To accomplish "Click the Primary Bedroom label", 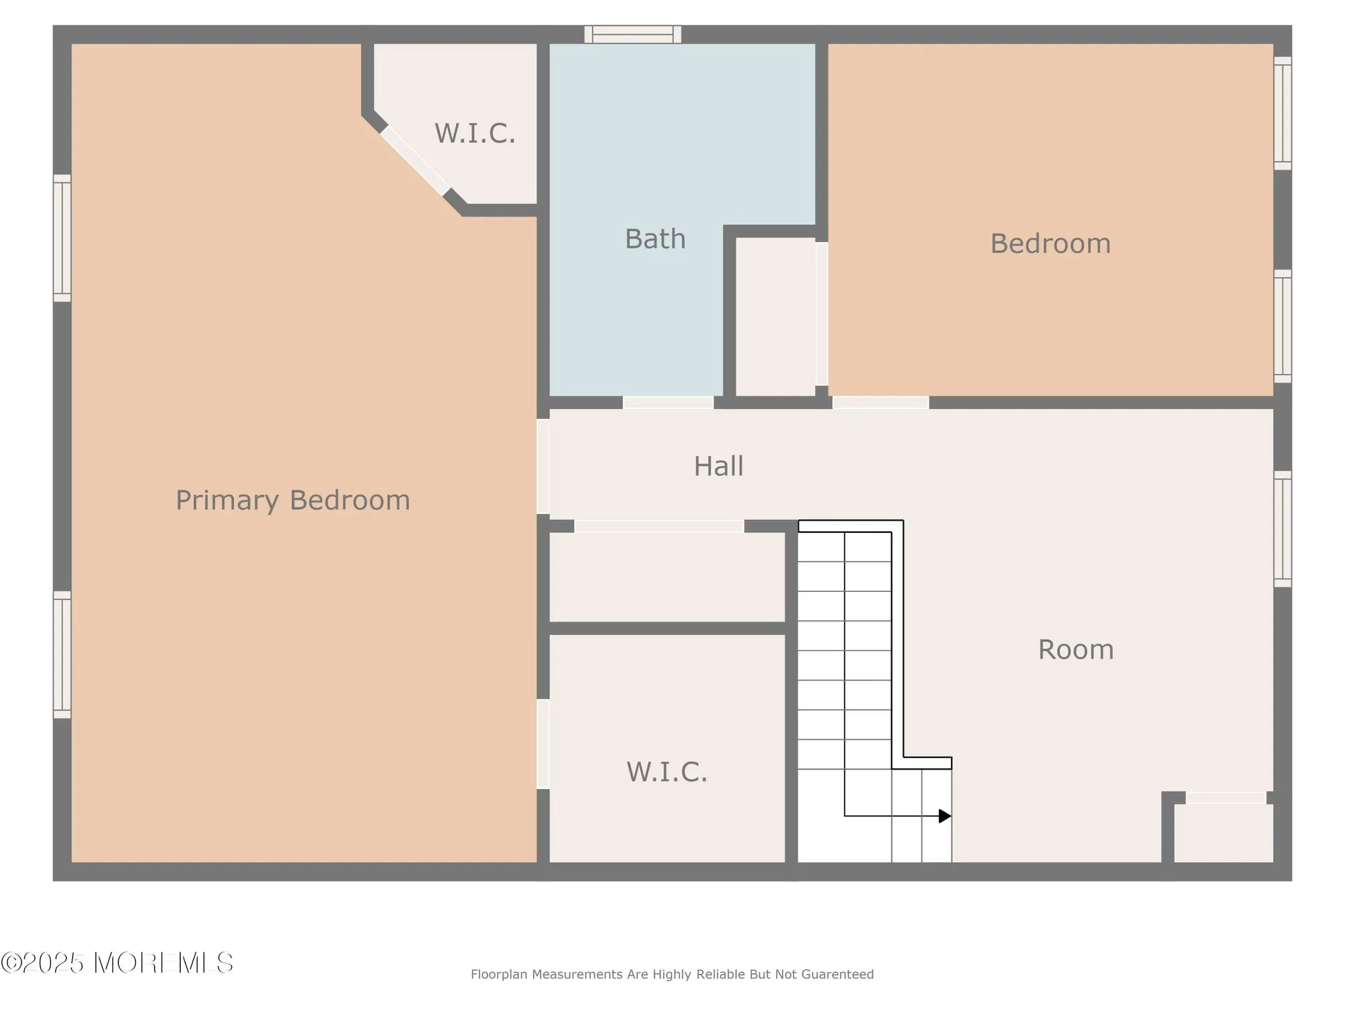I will pos(293,500).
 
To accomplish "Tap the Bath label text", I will pos(655,239).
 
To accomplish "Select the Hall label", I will pos(718,466).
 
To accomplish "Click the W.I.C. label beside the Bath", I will pos(475,133).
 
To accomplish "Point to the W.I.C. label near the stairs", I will pos(666,772).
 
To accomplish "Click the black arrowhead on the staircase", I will pos(945,816).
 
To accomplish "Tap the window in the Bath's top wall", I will pos(632,34).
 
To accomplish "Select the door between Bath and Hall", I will pos(668,402).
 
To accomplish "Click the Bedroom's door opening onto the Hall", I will pos(880,402).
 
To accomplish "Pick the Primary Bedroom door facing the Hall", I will pos(543,466).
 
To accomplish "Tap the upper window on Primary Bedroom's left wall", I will pos(62,237).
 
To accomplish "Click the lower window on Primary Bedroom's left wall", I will pos(62,655).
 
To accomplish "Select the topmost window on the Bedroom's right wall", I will pos(1282,113).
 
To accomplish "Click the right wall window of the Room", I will pos(1282,529).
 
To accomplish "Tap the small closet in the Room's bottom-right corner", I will pos(1223,833).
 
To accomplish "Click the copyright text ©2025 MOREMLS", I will pos(117,963).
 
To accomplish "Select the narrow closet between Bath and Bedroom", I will pos(775,316).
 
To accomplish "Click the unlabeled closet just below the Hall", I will pos(666,577).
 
